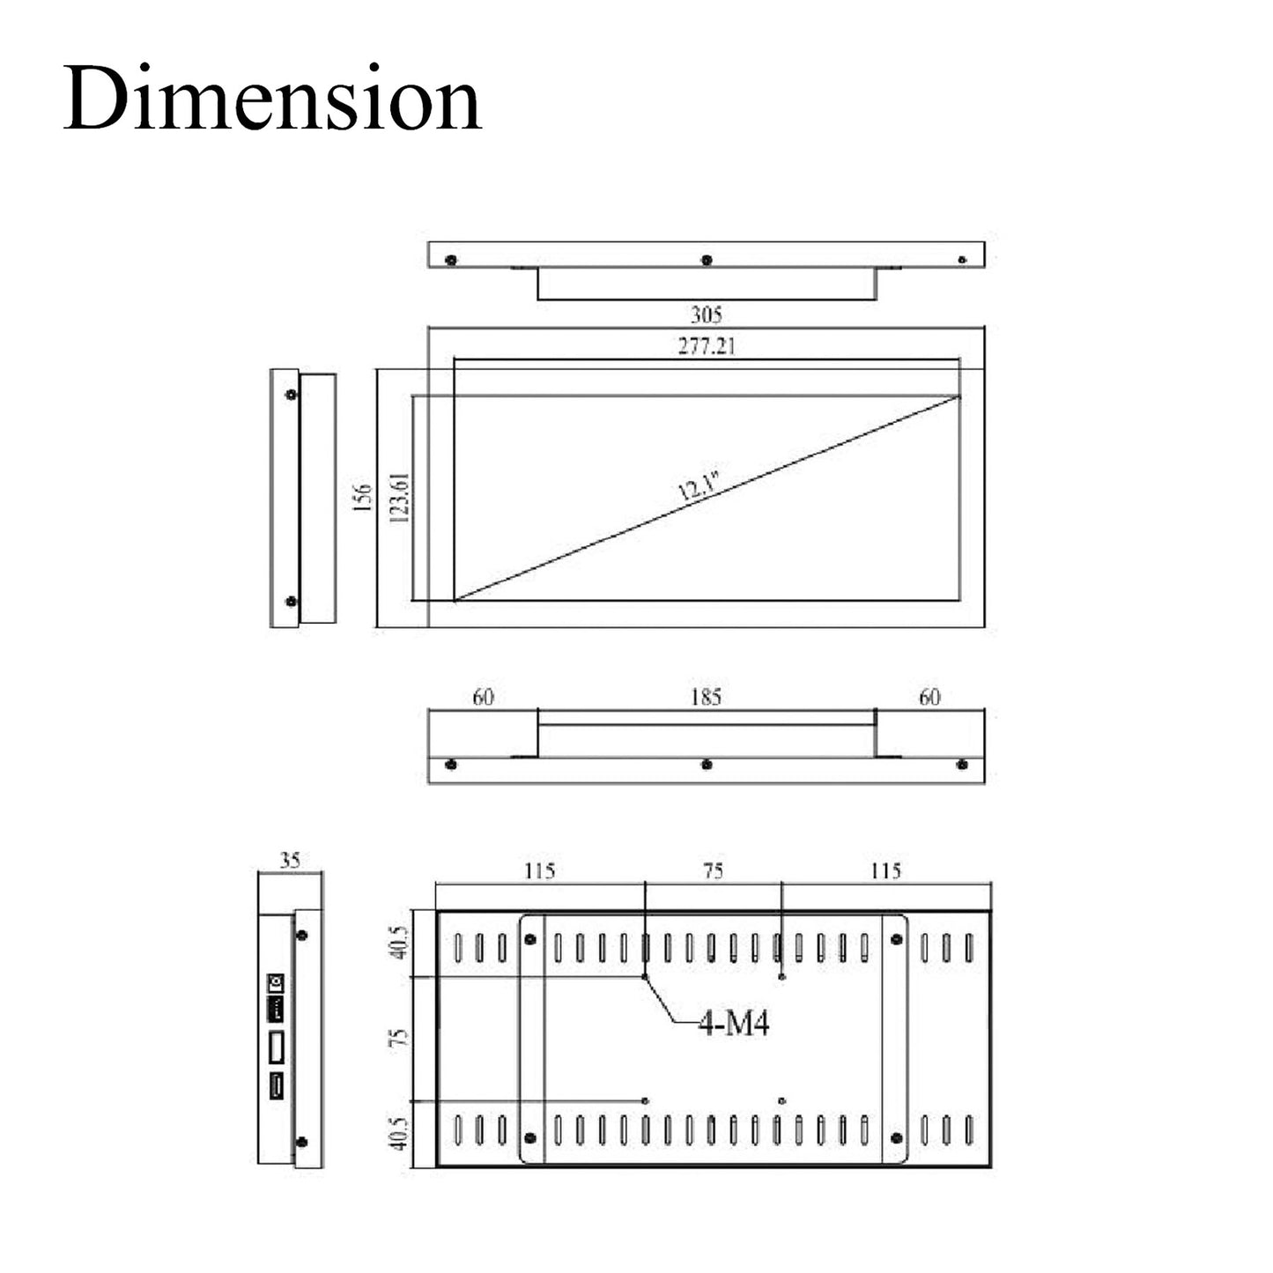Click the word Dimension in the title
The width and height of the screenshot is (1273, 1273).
tap(272, 98)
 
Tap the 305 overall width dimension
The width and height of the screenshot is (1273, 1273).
tap(706, 315)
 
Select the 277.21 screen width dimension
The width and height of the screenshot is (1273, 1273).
tap(706, 346)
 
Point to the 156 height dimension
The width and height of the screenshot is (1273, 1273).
tap(362, 498)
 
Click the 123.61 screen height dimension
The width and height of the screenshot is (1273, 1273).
tap(399, 499)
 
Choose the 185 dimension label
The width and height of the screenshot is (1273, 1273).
tap(706, 697)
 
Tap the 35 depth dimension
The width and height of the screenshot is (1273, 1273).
tap(290, 861)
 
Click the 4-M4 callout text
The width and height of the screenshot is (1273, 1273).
tap(734, 1024)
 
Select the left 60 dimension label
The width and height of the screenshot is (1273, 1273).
tap(483, 697)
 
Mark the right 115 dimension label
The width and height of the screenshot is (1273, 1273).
tap(885, 870)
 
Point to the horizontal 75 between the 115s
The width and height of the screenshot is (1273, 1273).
tap(713, 870)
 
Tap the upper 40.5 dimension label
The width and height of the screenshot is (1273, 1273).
tap(399, 943)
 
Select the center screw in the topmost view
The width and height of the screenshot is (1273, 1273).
tap(707, 260)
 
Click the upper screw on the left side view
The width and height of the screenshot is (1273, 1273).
tap(292, 394)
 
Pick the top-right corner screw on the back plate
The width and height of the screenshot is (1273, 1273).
tap(897, 939)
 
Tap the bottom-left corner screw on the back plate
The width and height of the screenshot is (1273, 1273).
tap(530, 1138)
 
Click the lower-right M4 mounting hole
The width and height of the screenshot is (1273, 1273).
tap(782, 1100)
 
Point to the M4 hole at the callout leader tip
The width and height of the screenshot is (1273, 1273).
tap(646, 977)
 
